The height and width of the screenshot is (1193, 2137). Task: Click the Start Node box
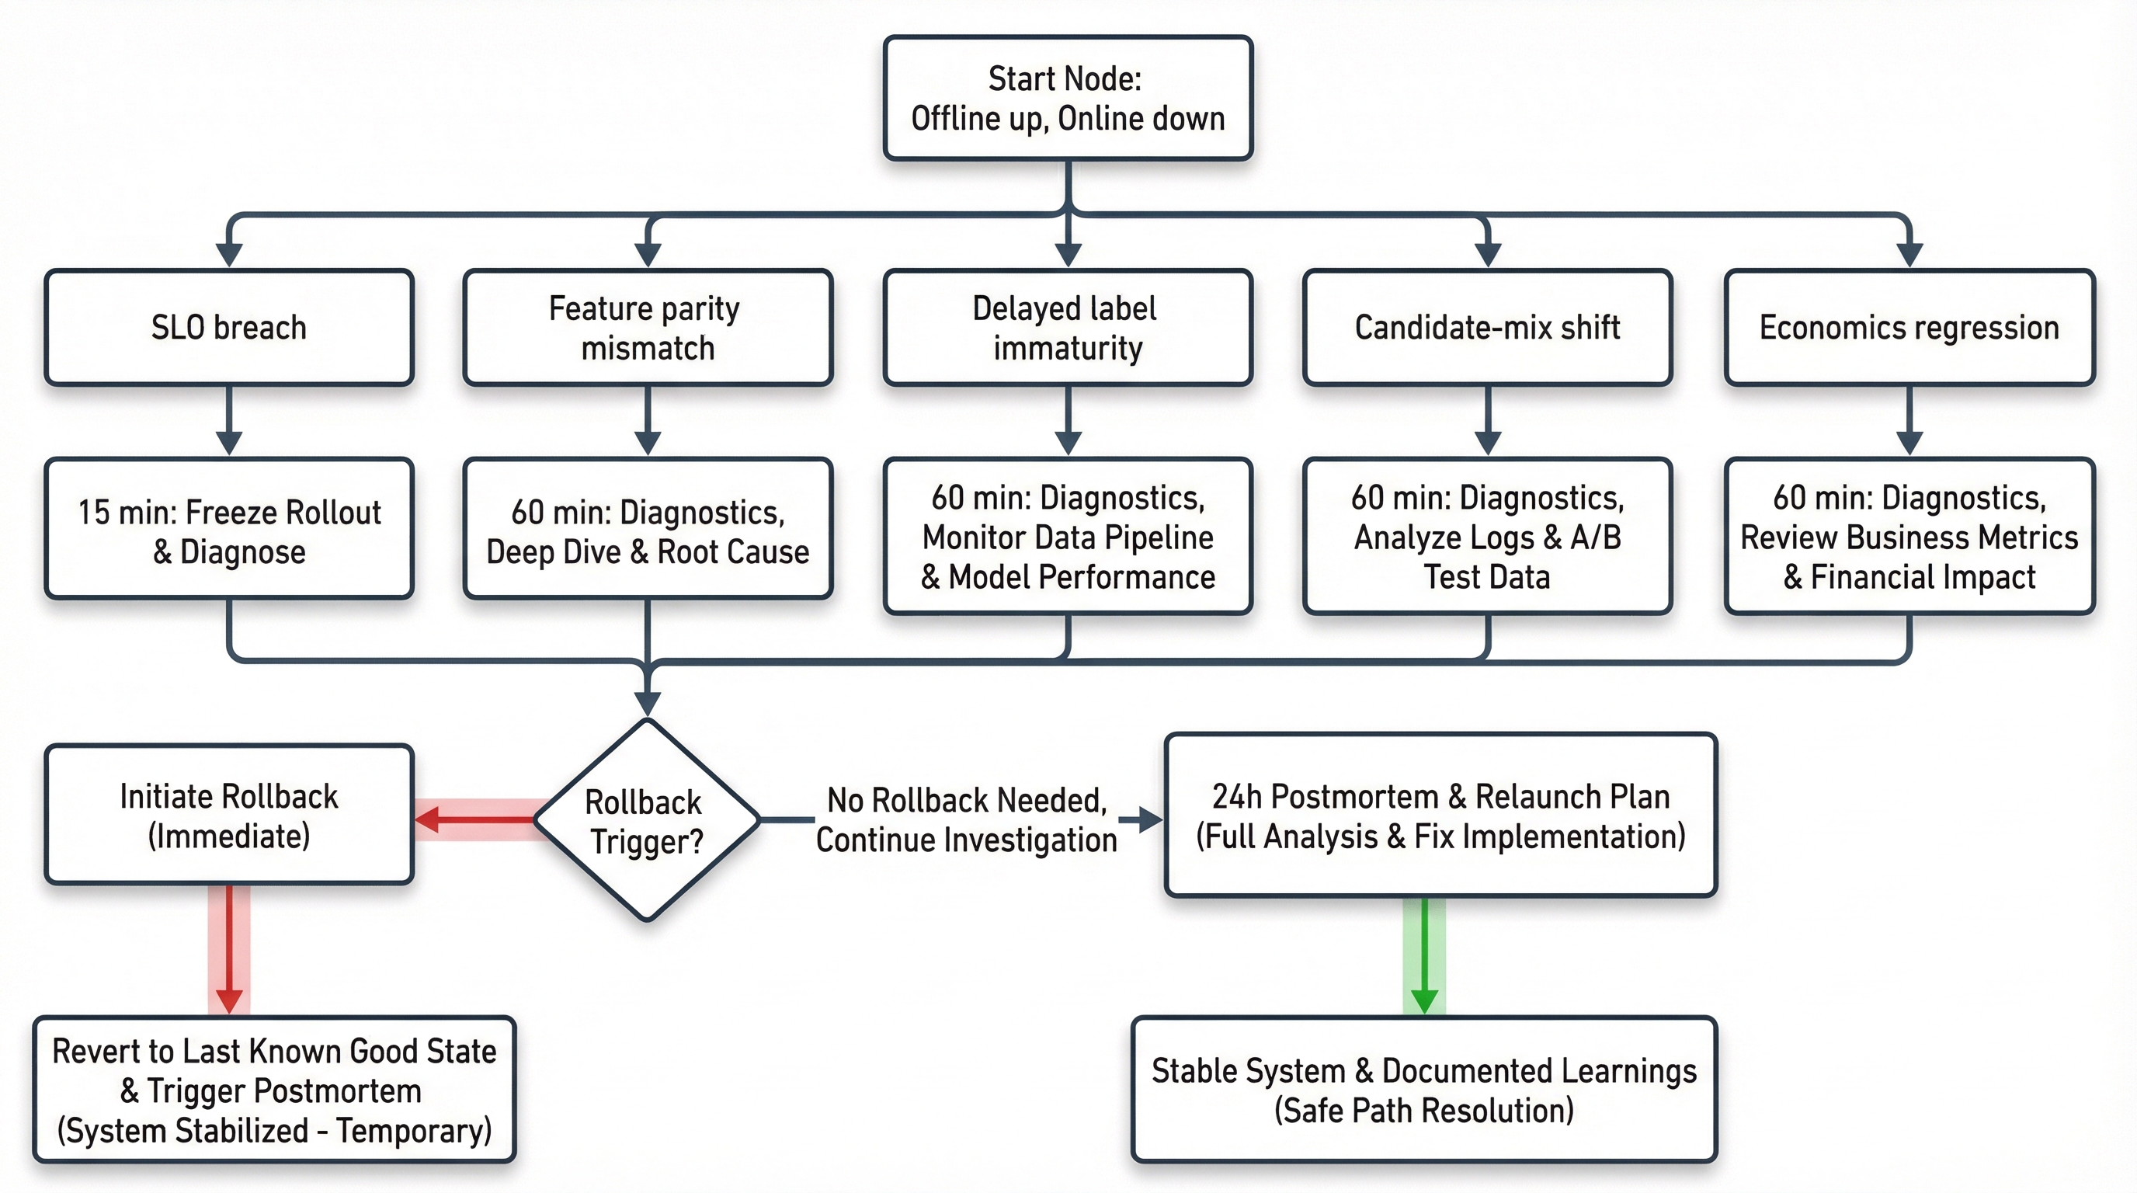pos(1068,98)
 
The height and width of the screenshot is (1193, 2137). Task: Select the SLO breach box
pos(229,328)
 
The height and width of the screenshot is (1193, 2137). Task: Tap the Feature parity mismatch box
pos(648,328)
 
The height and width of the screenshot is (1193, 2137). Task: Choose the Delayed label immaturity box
pos(1068,328)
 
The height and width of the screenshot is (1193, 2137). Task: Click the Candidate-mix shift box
pos(1488,328)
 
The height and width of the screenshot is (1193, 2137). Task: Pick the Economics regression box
pos(1909,328)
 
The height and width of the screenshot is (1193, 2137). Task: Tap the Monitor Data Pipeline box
pos(1068,537)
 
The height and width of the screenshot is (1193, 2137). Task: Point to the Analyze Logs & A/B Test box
pos(1488,537)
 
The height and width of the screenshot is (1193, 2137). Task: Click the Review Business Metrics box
pos(1909,537)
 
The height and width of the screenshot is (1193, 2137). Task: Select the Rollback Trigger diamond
pos(646,820)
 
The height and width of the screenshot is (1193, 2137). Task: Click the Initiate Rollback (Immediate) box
pos(229,816)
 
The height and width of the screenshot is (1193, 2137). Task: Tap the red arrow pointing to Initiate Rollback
pos(477,820)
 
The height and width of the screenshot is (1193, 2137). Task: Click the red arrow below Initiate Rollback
pos(229,950)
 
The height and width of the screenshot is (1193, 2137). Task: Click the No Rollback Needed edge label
pos(967,819)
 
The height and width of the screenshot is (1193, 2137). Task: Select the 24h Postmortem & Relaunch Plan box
pos(1441,816)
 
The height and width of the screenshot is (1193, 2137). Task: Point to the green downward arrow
pos(1424,957)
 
